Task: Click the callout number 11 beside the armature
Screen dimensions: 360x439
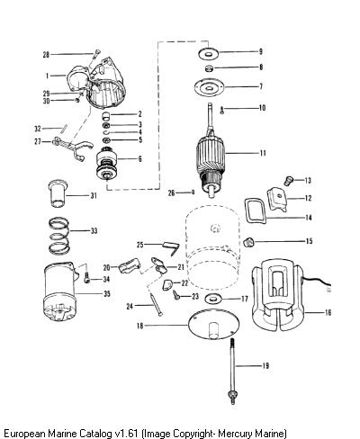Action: point(263,153)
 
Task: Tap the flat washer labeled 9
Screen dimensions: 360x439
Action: point(208,53)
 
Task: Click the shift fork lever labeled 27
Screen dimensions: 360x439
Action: point(71,147)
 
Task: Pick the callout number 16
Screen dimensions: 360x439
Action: point(328,312)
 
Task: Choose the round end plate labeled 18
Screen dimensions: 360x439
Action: point(213,325)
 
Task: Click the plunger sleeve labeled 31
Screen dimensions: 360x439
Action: point(58,193)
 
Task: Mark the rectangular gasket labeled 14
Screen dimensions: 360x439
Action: point(256,211)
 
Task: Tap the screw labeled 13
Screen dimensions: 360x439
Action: point(288,181)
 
